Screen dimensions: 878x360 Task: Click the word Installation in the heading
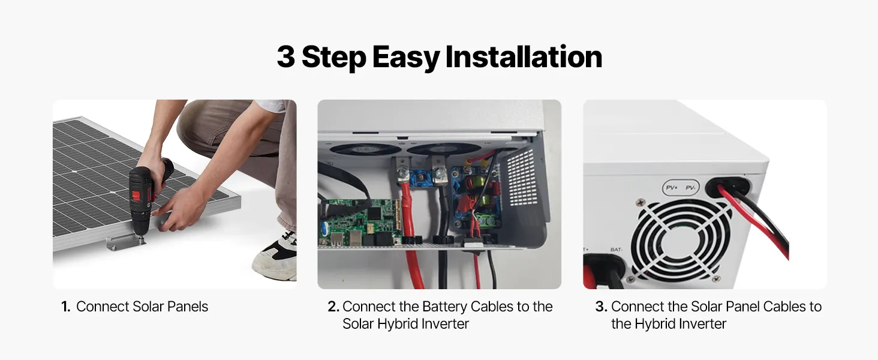point(524,57)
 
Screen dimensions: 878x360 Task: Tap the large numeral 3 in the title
point(285,57)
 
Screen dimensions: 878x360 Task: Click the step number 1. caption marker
point(66,307)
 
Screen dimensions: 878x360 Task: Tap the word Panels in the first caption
point(188,307)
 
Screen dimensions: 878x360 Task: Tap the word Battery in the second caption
point(444,307)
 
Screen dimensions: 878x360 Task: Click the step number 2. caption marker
point(333,307)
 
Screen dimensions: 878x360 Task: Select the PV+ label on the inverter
point(672,188)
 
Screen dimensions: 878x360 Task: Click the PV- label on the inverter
point(691,188)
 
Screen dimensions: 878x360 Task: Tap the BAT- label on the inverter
point(616,250)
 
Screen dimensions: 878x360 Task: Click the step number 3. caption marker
point(602,307)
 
